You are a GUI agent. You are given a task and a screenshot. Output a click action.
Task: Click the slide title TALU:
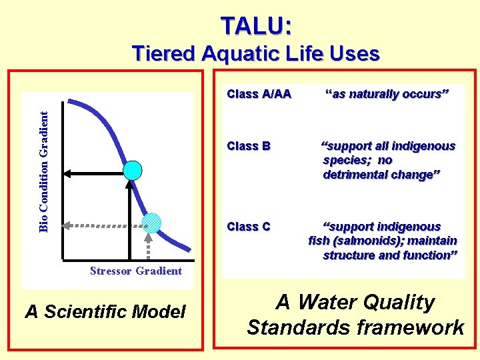point(256,25)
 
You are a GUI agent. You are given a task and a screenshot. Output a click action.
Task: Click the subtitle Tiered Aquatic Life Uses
point(256,53)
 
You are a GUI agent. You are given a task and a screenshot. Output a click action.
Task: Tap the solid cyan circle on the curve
point(133,170)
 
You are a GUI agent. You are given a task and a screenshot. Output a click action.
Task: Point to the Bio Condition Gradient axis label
point(43,171)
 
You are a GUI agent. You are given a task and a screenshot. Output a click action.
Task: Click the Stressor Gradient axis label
point(136,271)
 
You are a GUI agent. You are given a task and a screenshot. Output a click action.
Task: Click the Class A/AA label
point(259,94)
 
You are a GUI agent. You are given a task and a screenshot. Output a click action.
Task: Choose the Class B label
point(248,146)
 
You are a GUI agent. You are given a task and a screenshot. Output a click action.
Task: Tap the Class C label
point(248,227)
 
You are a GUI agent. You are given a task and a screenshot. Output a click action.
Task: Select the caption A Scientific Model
point(105,311)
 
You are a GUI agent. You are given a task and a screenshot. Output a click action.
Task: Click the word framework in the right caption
point(422,327)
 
